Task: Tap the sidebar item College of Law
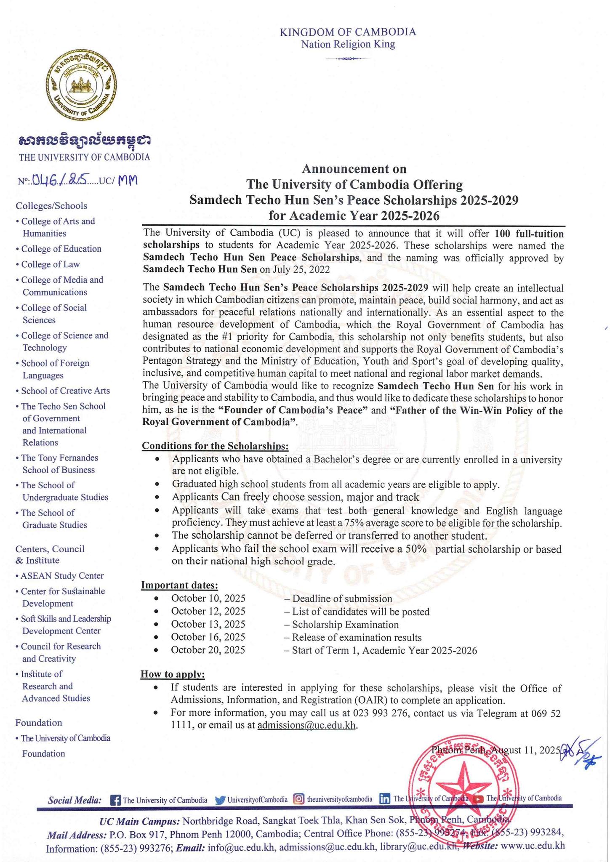tap(50, 264)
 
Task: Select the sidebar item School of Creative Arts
tap(65, 391)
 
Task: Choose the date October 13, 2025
tap(208, 625)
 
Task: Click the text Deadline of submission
tap(341, 599)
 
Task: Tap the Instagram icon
tap(298, 799)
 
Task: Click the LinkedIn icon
tap(385, 799)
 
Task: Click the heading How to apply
tap(173, 674)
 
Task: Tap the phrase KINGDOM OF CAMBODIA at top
tap(348, 32)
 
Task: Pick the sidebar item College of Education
tap(61, 249)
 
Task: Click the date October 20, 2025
tap(208, 650)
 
